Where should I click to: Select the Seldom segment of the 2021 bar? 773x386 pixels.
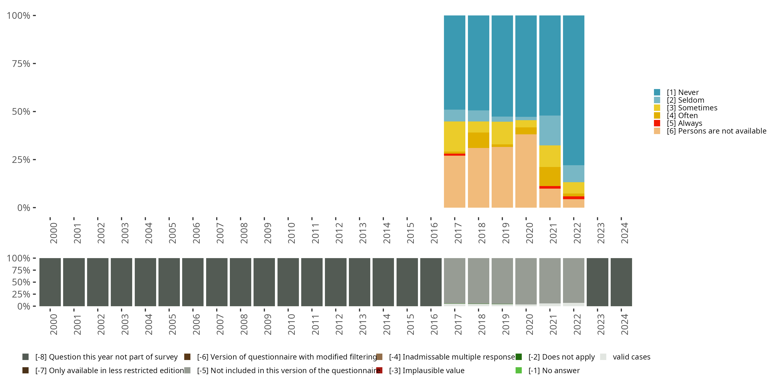tap(550, 130)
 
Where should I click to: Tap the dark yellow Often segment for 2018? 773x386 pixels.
tap(478, 140)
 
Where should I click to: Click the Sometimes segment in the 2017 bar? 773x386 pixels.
tap(454, 136)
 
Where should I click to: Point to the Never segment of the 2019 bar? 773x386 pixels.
tap(502, 66)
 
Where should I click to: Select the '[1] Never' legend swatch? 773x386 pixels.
tap(657, 92)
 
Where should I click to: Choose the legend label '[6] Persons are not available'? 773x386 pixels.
tap(716, 131)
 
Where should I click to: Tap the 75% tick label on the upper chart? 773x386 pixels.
tap(21, 64)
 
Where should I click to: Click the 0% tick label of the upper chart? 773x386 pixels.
tap(24, 208)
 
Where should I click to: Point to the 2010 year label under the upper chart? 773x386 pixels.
tap(291, 233)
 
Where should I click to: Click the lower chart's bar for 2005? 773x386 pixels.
tap(169, 282)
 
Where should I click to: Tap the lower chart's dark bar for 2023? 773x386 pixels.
tap(597, 282)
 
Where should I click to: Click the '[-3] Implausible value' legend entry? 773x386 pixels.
tap(426, 370)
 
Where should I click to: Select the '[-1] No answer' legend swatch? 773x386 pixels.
tap(518, 370)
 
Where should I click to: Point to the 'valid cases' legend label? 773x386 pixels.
tap(631, 357)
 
